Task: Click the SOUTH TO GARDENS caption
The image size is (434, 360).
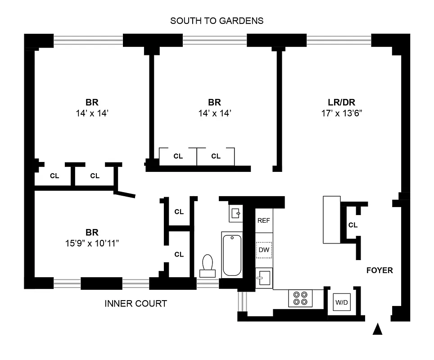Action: tap(217, 21)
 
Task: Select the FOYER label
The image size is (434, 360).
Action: tap(380, 270)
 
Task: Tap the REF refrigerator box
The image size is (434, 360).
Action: tap(264, 220)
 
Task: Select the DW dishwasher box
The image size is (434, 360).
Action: tap(264, 250)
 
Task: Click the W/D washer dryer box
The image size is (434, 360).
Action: tap(341, 302)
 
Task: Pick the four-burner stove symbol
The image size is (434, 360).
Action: tap(300, 298)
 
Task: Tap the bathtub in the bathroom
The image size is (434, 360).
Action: tap(232, 254)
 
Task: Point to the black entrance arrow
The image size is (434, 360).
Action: tap(378, 330)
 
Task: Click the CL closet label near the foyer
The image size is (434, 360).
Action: tap(353, 225)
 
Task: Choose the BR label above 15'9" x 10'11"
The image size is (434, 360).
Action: tap(92, 233)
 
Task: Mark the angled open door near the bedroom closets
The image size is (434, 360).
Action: tap(125, 193)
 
